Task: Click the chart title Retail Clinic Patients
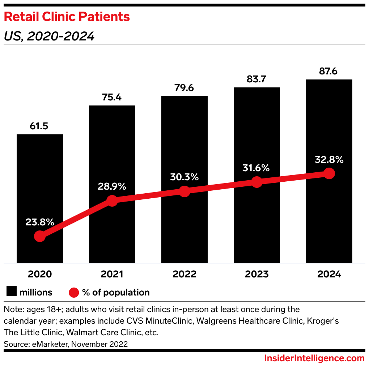click(67, 17)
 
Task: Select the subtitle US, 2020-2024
click(49, 36)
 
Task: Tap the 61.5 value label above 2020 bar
click(39, 127)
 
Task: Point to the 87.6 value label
click(329, 72)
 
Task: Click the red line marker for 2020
click(39, 236)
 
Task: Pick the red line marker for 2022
click(184, 191)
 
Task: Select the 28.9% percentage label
click(112, 187)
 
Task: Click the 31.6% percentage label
click(256, 168)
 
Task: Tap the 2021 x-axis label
click(112, 274)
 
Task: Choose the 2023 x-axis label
click(256, 274)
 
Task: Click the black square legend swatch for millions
click(11, 292)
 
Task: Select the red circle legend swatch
click(74, 292)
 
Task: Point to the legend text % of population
click(116, 292)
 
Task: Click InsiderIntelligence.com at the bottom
click(314, 358)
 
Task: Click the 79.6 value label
click(184, 88)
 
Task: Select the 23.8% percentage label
click(39, 222)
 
